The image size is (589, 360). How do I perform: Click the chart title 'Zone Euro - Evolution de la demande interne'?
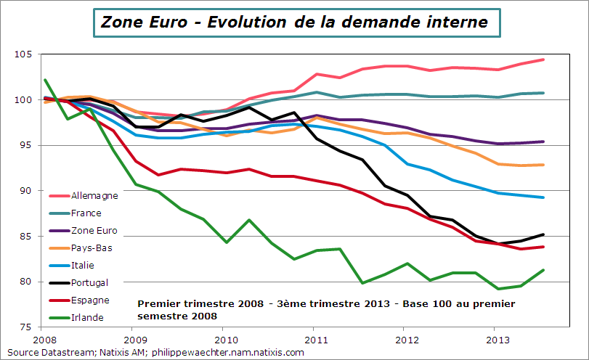pos(294,22)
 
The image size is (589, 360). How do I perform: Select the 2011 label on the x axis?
pos(315,339)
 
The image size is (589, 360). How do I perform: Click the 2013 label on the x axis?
pos(496,339)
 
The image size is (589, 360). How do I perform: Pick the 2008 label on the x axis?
pos(44,339)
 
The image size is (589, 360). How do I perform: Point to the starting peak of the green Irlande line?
pos(45,80)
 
